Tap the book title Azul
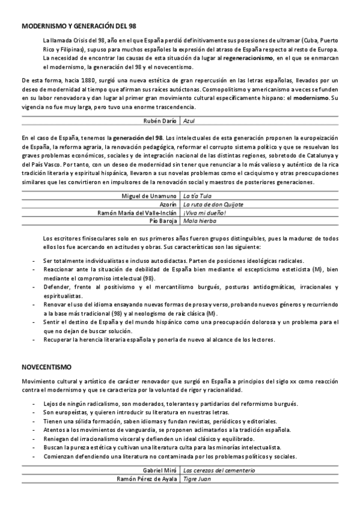tap(189, 120)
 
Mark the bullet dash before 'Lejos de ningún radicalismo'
tap(33, 403)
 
